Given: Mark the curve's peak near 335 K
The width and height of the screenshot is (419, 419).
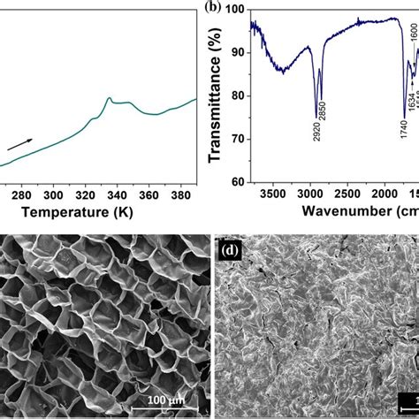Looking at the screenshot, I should (108, 98).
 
